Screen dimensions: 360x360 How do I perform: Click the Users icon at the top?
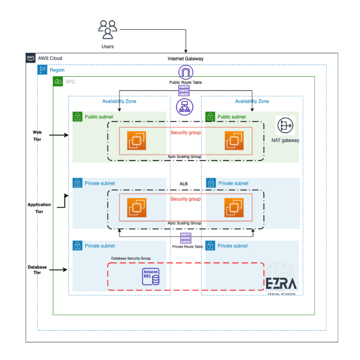[108, 29]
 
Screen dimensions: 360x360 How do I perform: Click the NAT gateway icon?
[285, 126]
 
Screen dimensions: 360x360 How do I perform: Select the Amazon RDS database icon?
[150, 278]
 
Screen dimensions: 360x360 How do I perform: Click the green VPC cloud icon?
[58, 82]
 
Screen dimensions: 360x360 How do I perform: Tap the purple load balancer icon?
[185, 107]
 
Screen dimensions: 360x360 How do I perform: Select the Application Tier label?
[39, 208]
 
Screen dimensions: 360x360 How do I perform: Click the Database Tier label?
[37, 270]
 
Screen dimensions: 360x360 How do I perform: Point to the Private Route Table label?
[187, 246]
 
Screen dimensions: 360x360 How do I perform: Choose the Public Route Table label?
[186, 83]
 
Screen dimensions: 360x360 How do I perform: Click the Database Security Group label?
[131, 258]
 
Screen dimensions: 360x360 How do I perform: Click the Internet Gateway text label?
[186, 59]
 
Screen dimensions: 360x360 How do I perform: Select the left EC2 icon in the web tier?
[135, 140]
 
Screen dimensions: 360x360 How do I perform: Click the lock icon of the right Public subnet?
[211, 116]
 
